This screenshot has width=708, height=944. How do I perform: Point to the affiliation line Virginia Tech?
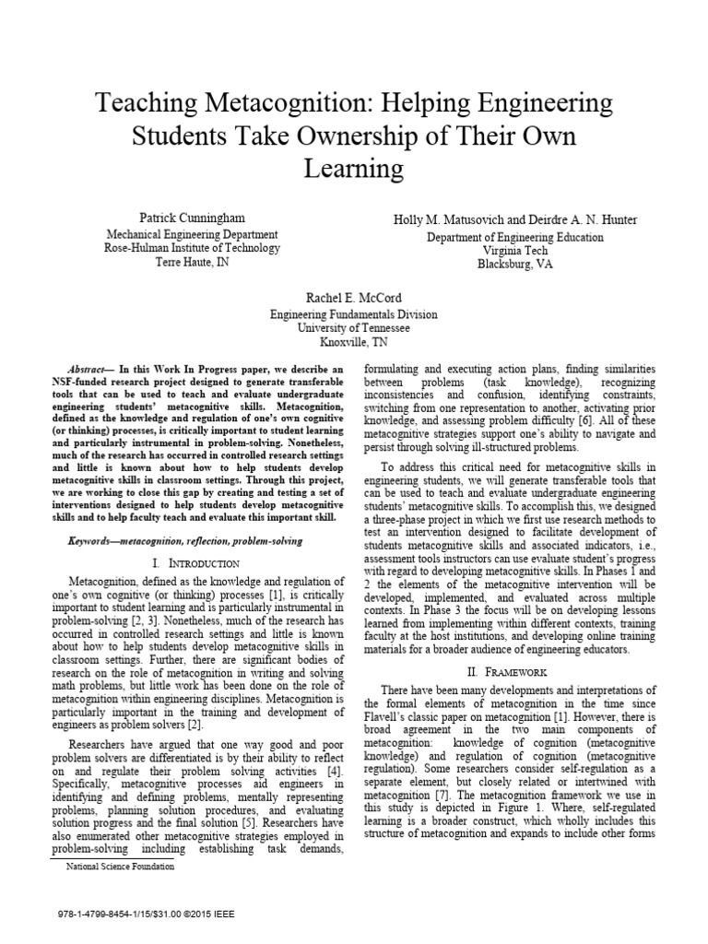515,250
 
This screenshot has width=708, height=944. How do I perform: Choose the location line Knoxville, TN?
353,341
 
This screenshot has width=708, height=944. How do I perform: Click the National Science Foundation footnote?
120,867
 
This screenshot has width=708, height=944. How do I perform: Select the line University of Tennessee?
353,327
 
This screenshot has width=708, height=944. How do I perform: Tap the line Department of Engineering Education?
515,237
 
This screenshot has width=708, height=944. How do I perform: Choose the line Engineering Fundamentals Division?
353,314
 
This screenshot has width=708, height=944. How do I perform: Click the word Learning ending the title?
353,170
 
